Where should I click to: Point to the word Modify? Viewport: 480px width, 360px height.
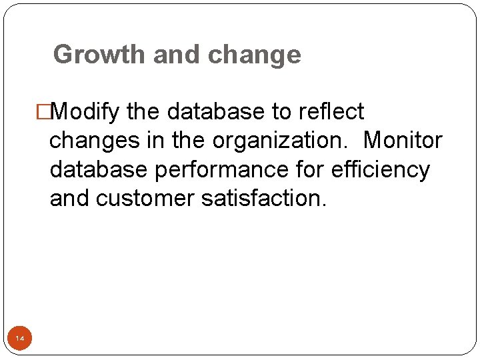[85, 111]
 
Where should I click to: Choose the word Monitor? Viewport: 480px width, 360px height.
[403, 141]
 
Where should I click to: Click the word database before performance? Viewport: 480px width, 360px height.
[99, 170]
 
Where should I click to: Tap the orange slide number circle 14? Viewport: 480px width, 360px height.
[20, 339]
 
